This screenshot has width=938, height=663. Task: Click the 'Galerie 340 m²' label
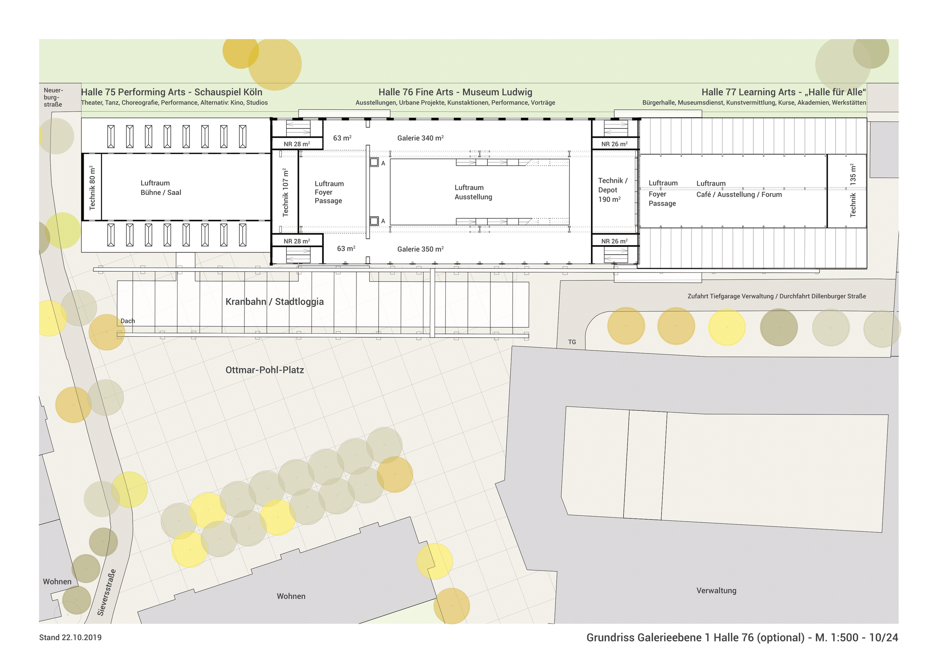click(420, 138)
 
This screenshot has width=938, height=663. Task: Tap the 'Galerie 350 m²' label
click(420, 249)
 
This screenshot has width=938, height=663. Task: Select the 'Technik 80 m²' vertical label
click(92, 188)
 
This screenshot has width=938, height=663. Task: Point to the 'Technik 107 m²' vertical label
click(286, 192)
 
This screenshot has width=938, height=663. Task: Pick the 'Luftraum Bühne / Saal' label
click(161, 188)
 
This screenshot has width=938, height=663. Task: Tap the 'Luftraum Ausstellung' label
click(473, 192)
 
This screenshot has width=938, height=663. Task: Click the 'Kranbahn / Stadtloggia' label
click(275, 302)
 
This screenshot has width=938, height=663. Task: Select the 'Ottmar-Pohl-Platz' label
click(265, 370)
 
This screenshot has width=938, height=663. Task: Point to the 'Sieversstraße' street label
click(107, 592)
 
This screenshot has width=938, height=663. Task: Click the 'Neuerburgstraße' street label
click(53, 97)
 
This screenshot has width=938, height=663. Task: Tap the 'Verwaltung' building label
click(716, 590)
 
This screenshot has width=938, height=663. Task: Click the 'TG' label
click(572, 342)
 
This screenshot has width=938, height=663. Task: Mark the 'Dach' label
click(128, 321)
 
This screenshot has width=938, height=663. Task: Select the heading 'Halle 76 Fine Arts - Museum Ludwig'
click(455, 92)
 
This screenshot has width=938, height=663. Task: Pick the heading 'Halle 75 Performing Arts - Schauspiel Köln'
click(171, 92)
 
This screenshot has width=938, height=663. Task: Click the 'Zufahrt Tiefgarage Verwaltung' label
click(730, 296)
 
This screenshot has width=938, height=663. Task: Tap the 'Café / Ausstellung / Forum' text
click(739, 195)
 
